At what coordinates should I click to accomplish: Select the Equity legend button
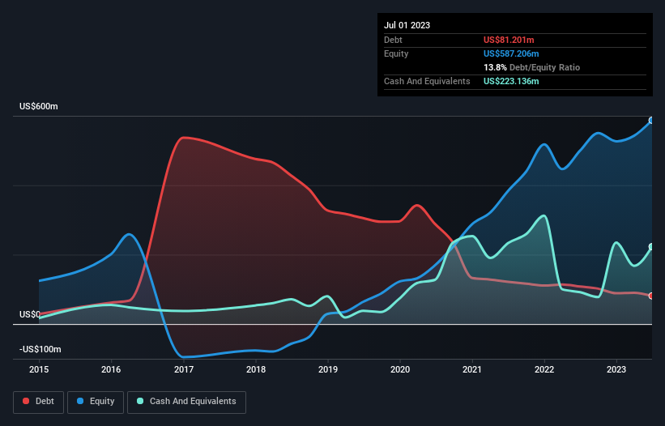96,401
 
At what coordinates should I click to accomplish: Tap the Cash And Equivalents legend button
186,401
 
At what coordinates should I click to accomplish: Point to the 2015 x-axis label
39,370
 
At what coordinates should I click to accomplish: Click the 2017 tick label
183,370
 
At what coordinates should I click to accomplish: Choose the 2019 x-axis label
327,370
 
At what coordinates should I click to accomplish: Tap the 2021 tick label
471,370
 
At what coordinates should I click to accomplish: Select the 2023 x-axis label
616,370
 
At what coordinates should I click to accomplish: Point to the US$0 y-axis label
30,314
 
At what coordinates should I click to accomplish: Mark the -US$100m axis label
40,349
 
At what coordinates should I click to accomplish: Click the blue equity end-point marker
650,121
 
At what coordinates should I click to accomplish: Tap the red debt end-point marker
650,296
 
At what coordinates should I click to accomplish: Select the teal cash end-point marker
650,247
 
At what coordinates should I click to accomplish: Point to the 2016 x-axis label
111,370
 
